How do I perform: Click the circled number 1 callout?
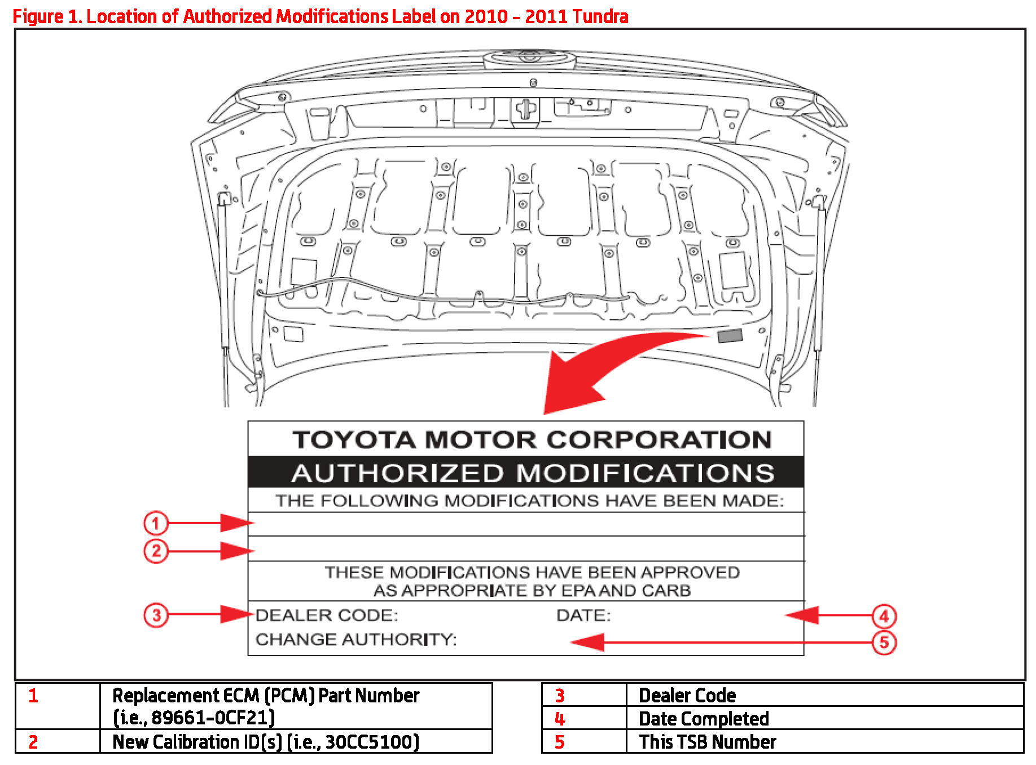coord(155,523)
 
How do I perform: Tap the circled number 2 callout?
coord(156,551)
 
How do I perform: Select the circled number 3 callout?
coord(156,614)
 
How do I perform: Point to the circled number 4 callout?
coord(884,616)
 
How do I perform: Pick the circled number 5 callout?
coord(884,643)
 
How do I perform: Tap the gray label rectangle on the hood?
coord(729,336)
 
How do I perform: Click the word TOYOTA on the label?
coord(354,440)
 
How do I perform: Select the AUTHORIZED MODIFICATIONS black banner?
coord(526,473)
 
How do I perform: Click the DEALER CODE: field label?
coord(326,615)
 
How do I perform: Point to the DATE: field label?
coord(583,615)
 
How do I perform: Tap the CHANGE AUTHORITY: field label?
coord(355,639)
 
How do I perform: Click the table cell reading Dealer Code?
coord(687,696)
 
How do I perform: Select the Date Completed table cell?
coord(704,719)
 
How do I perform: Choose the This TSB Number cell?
coord(707,742)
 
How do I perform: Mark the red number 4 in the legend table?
coord(559,719)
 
